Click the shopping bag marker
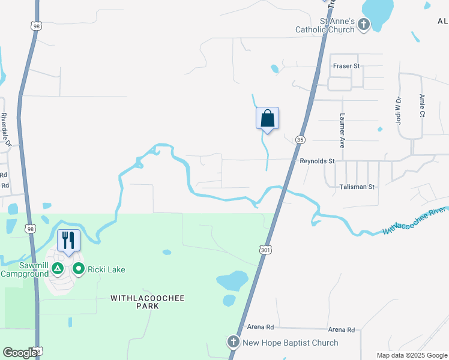(x=267, y=118)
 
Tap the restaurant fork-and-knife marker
(x=68, y=241)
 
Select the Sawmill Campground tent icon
(x=58, y=268)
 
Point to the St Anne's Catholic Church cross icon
(x=364, y=25)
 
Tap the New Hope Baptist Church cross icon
(x=234, y=343)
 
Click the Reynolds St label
(x=317, y=161)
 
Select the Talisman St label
(x=357, y=187)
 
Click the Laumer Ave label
(x=342, y=131)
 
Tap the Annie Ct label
(x=423, y=105)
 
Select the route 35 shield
(x=300, y=139)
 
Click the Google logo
(x=20, y=352)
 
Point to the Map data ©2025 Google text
(x=412, y=355)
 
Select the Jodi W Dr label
(x=398, y=110)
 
